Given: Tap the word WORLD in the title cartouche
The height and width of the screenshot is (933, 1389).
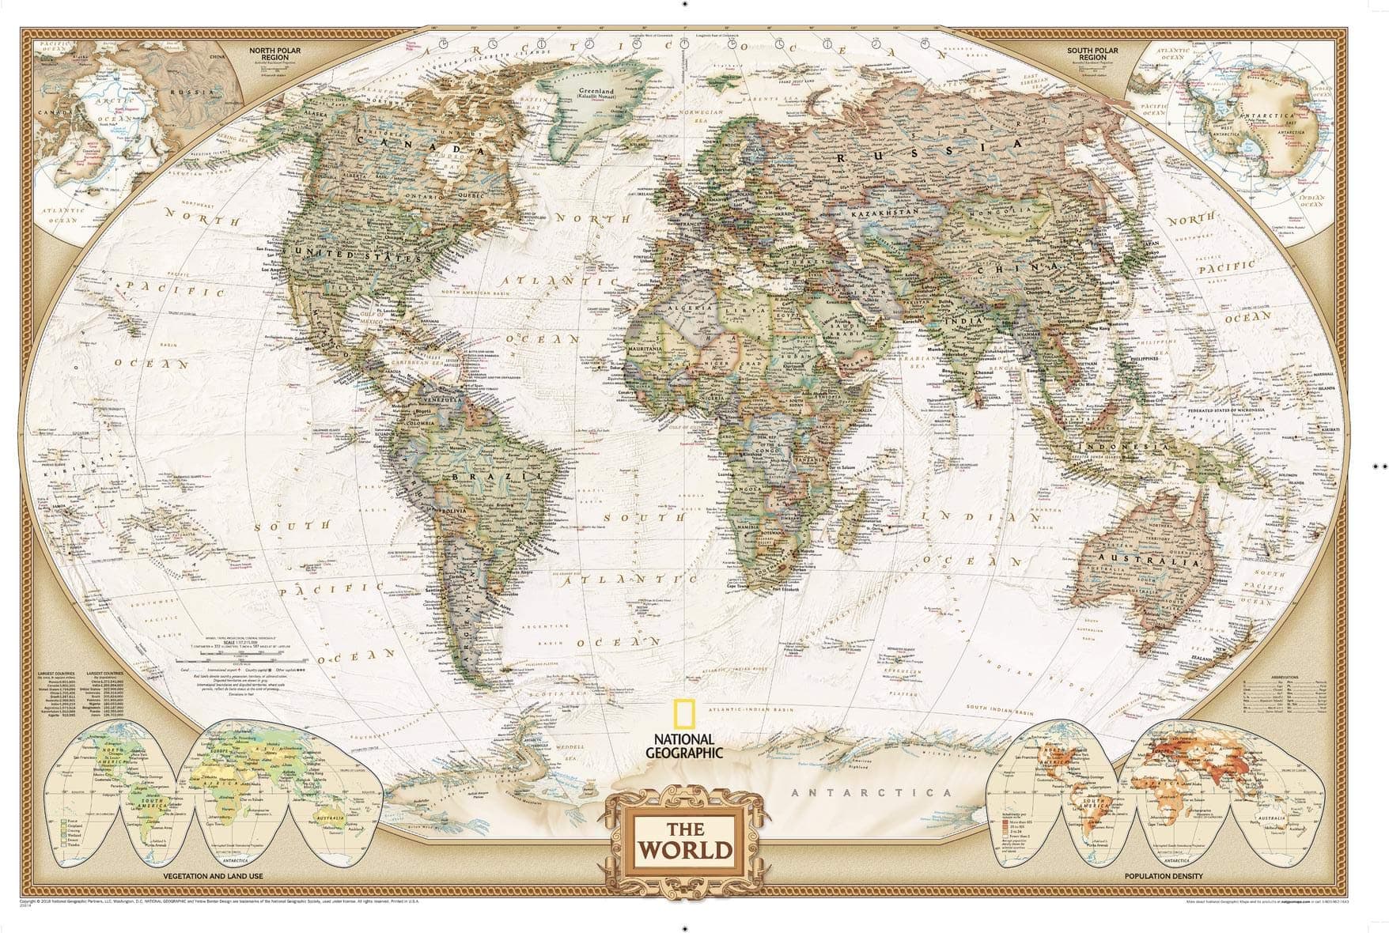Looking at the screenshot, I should click(x=685, y=850).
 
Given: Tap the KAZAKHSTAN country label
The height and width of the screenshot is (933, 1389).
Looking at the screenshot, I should click(x=884, y=213).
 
